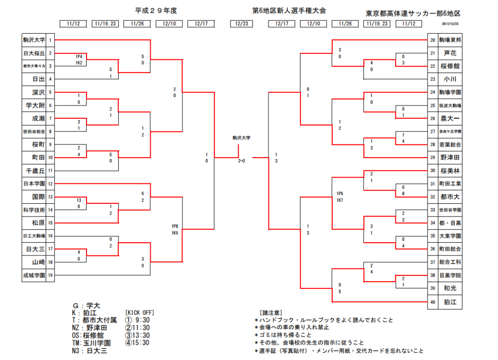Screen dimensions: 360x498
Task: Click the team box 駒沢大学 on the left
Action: coord(34,40)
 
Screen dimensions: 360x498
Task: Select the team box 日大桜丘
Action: coord(34,53)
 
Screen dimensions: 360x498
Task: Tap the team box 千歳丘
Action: coord(34,171)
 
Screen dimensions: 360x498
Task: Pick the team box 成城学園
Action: coord(34,275)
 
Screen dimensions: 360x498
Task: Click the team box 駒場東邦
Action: coord(450,40)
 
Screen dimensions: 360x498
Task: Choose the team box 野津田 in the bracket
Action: coord(450,158)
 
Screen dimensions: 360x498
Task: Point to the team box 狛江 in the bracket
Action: coord(450,302)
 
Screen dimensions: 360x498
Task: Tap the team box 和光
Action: coord(450,288)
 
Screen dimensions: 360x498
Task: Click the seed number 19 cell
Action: coord(50,275)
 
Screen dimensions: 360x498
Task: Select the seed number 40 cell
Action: coord(432,302)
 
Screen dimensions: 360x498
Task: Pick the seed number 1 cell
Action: coord(50,40)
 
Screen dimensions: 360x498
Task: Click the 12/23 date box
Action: coord(242,23)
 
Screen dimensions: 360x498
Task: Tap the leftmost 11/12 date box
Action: coord(73,23)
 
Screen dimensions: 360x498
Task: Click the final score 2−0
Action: coord(242,161)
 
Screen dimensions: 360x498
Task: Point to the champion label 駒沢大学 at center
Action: coord(242,138)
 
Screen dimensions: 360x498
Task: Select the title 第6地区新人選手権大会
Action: coord(289,10)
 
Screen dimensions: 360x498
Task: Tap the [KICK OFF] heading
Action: coord(140,312)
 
